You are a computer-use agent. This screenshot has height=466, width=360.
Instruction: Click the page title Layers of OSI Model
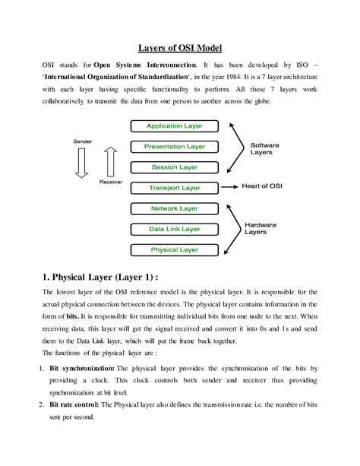179,47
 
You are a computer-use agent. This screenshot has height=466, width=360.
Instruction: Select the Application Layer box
175,126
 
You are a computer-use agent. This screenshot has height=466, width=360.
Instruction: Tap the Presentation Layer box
175,146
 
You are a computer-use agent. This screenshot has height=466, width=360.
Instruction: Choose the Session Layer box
175,166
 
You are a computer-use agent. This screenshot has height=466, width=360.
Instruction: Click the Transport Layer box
175,187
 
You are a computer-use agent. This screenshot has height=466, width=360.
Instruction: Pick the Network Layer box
175,208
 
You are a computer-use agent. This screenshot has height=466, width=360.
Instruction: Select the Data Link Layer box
175,228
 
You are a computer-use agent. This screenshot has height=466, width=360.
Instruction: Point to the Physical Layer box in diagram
175,249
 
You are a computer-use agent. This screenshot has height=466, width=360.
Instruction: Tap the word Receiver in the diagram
111,183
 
